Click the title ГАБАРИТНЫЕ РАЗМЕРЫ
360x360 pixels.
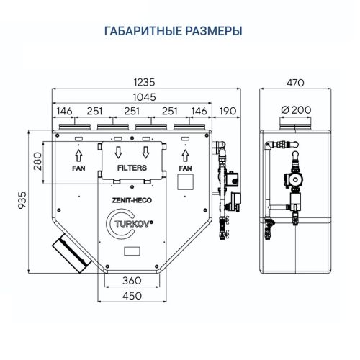173,32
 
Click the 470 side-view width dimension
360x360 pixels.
295,82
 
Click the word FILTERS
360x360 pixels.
132,167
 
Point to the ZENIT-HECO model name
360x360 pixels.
130,204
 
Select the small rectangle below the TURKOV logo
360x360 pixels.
132,252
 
